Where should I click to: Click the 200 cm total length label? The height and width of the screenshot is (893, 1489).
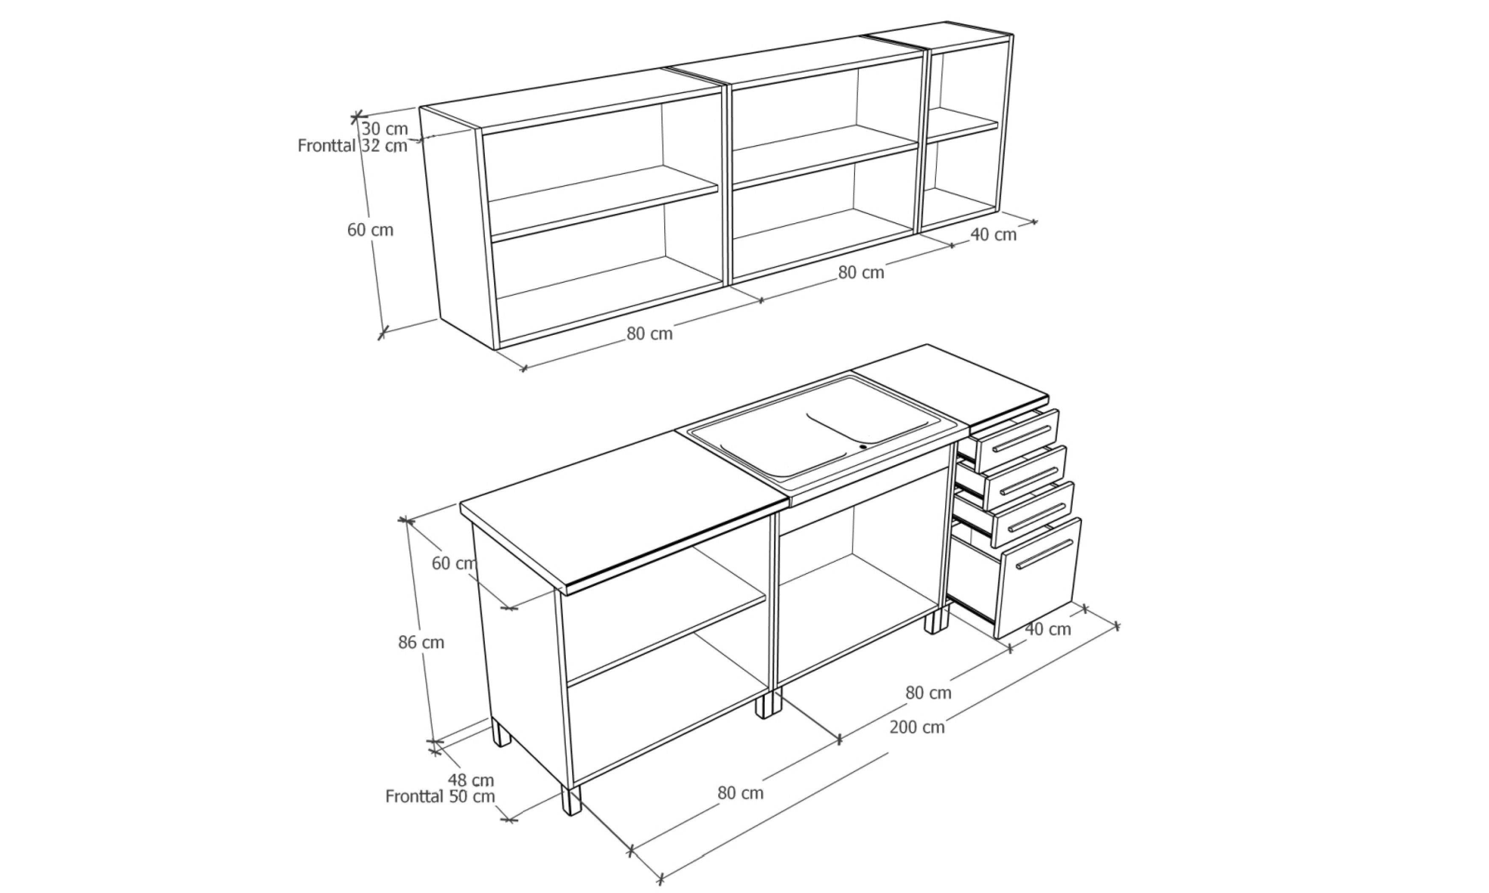tap(917, 727)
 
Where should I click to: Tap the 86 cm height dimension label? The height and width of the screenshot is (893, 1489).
tap(421, 642)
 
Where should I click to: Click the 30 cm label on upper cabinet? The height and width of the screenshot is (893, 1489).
tap(385, 129)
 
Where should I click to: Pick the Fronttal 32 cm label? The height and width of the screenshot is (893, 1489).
tap(353, 146)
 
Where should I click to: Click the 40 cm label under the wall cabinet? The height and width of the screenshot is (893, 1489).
tap(993, 235)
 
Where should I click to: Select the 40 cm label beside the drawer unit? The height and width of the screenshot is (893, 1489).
tap(1048, 629)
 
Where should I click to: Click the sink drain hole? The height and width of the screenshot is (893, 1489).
tap(863, 446)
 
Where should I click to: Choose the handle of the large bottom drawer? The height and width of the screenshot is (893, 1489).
tap(1045, 553)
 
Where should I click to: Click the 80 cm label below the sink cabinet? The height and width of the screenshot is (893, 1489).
tap(928, 693)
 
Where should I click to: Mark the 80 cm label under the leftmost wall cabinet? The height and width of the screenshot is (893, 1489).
tap(649, 333)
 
